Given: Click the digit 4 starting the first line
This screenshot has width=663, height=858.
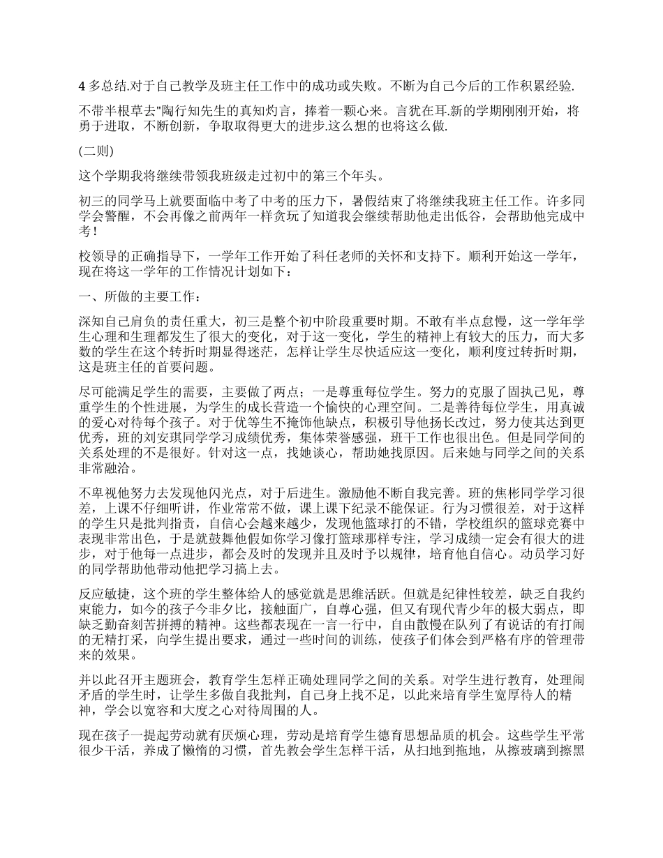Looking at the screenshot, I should tap(82, 86).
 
